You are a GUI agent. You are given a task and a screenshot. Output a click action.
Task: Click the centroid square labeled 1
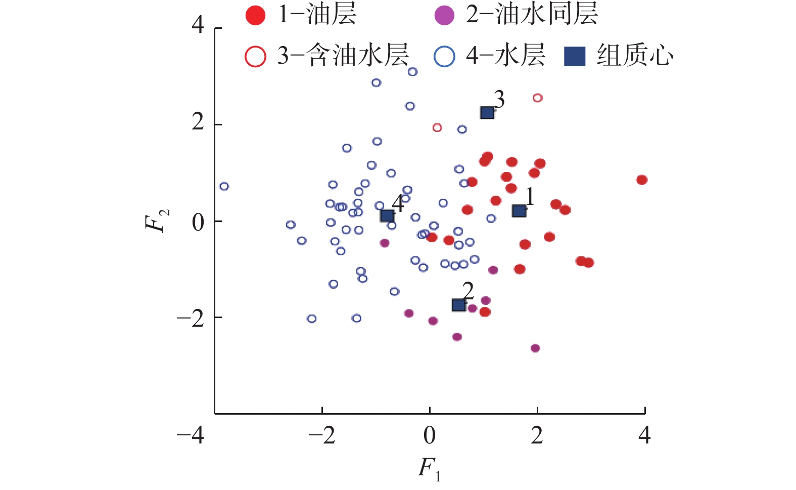519,211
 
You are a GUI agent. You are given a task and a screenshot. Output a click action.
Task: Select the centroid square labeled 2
458,305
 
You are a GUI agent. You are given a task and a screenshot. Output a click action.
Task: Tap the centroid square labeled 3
487,113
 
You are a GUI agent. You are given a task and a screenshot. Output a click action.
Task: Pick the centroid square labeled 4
387,216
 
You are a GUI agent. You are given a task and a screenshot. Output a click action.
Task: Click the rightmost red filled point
642,180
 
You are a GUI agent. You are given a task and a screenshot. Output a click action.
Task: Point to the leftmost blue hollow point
224,187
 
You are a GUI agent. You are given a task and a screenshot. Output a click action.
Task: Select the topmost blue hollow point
413,72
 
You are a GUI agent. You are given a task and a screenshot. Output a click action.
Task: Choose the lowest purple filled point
535,348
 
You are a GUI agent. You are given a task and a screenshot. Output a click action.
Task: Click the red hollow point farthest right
538,98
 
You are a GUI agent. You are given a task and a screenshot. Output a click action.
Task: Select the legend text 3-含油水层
343,55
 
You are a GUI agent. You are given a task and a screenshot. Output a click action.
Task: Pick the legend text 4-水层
505,55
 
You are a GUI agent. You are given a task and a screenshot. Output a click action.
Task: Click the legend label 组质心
635,55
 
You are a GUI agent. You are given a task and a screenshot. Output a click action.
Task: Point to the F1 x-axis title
429,468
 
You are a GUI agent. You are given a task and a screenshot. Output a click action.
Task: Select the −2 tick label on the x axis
321,435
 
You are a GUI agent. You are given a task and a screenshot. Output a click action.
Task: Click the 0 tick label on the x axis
430,435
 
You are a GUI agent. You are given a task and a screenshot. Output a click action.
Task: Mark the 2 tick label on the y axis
198,122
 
